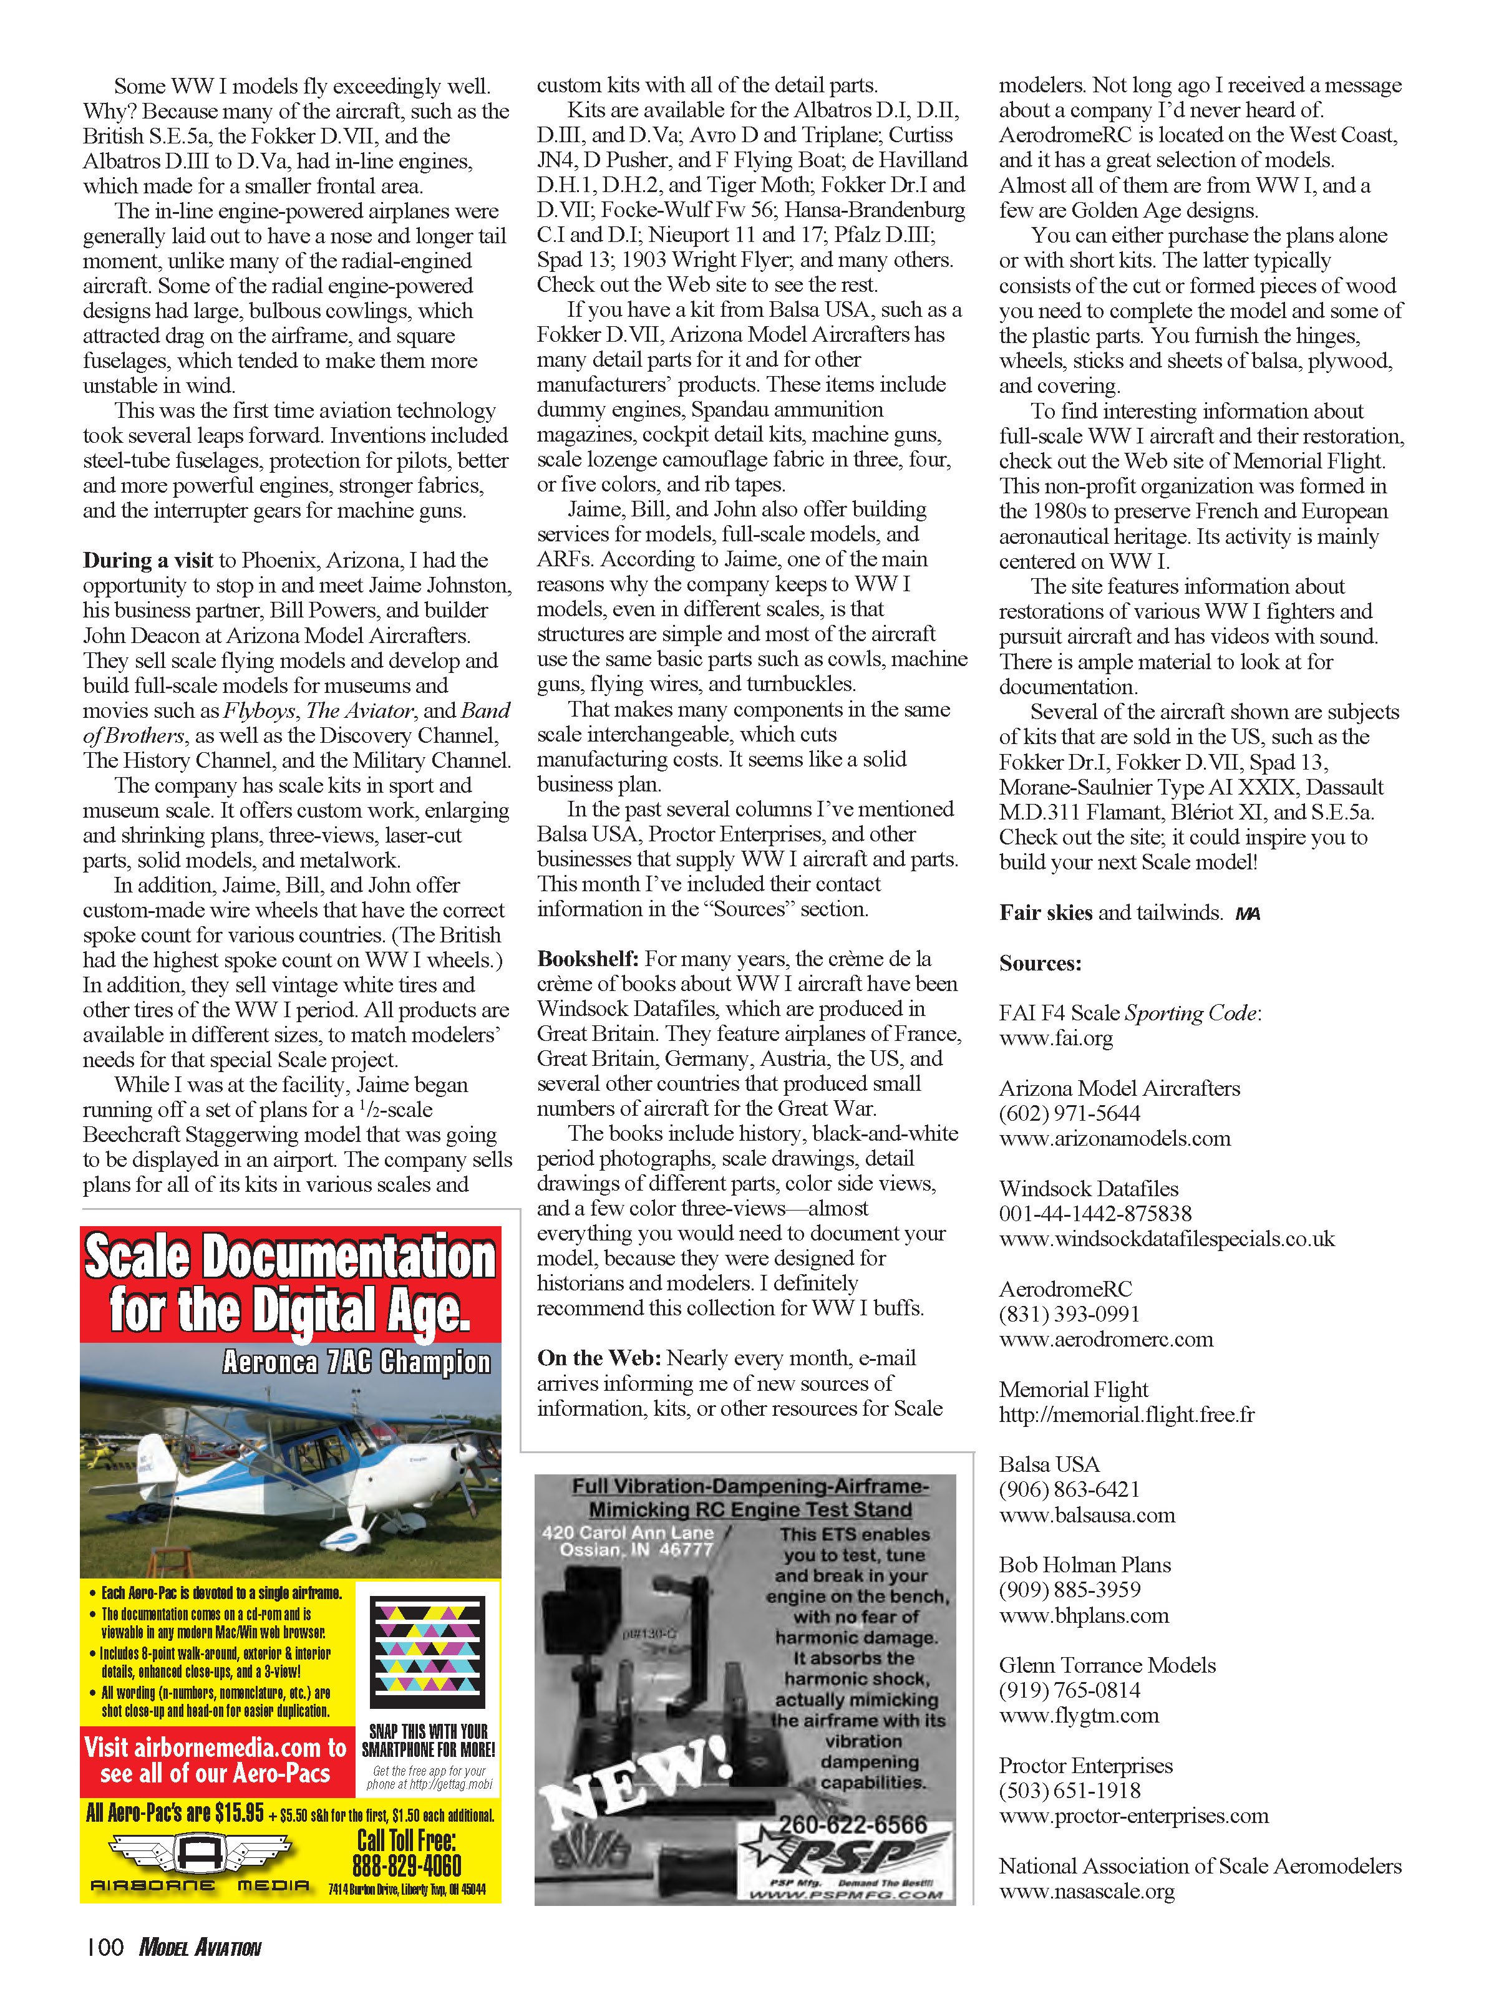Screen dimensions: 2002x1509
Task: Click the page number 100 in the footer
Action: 105,1946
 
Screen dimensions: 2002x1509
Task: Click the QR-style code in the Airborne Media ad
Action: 428,1651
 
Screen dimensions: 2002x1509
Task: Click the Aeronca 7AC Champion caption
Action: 357,1362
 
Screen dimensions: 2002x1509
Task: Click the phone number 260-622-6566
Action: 853,1825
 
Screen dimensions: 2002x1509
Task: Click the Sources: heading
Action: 1040,963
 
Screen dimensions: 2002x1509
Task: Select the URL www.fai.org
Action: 1055,1038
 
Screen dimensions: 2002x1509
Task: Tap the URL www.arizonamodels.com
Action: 1114,1139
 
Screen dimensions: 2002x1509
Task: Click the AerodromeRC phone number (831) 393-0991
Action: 1069,1314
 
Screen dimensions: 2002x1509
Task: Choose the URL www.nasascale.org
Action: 1086,1891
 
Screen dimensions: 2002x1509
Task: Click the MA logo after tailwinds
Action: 1248,914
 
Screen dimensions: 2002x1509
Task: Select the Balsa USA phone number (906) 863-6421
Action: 1069,1490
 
